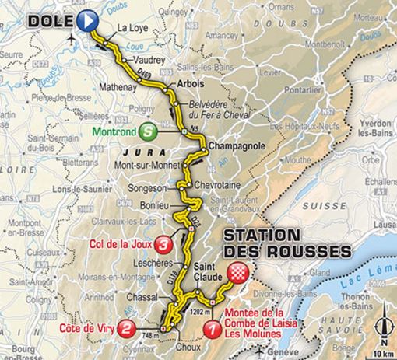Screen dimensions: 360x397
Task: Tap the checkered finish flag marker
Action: pyautogui.click(x=238, y=273)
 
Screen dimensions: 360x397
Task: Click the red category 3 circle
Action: pyautogui.click(x=163, y=245)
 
